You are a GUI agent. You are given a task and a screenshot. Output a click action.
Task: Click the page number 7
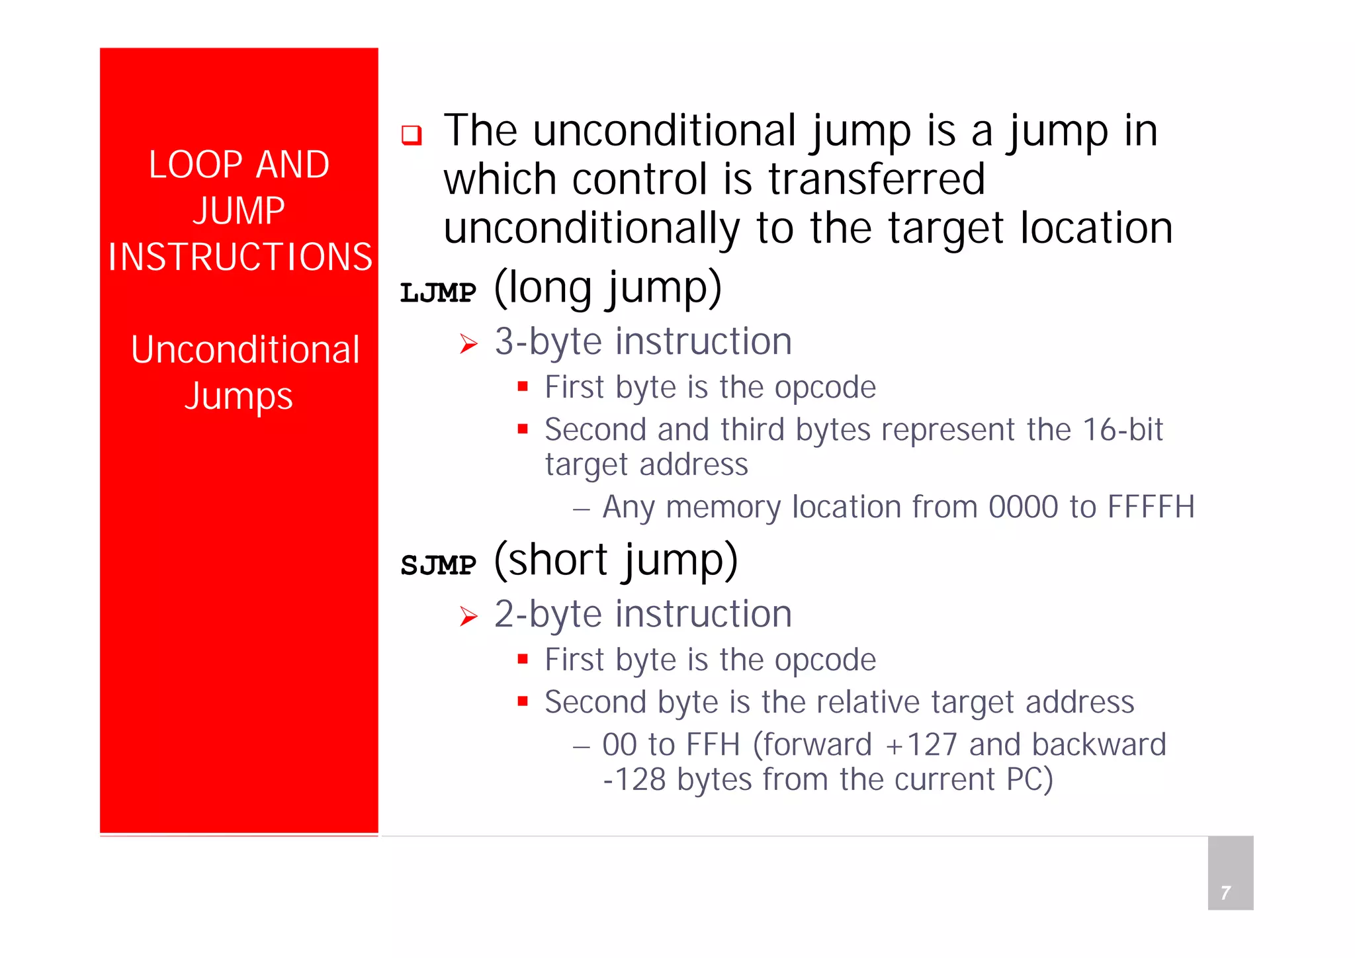coord(1225,893)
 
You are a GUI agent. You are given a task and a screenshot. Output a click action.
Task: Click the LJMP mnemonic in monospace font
coord(438,292)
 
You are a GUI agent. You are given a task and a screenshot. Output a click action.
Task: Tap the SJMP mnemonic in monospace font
coord(438,565)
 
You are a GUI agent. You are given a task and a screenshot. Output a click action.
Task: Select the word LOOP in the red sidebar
coord(196,165)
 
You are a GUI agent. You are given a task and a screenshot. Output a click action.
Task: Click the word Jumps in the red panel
coord(238,397)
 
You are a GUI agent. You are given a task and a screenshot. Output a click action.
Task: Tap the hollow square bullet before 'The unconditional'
coord(412,135)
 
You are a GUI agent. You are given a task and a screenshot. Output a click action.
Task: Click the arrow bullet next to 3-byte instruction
coord(468,344)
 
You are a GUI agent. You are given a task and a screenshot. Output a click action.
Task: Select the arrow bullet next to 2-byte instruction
coord(468,617)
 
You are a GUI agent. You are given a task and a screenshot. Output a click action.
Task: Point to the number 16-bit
coord(1123,430)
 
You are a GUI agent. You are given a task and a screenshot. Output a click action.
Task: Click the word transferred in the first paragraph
coord(877,179)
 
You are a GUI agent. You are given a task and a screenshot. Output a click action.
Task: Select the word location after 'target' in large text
coord(1096,228)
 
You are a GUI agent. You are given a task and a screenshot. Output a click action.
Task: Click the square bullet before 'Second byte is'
coord(523,701)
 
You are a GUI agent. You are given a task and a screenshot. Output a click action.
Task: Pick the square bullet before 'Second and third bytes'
coord(523,429)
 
